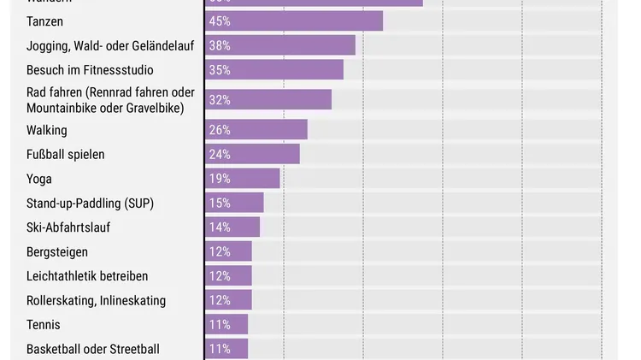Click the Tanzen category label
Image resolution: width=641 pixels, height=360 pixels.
pyautogui.click(x=44, y=21)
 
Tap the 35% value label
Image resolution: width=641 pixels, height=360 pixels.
pyautogui.click(x=220, y=70)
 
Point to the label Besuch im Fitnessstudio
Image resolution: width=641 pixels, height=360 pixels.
pyautogui.click(x=90, y=70)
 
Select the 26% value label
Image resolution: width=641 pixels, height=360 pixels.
pyautogui.click(x=220, y=131)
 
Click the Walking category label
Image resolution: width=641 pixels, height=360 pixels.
pyautogui.click(x=47, y=131)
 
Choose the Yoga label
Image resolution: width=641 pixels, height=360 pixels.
pyautogui.click(x=39, y=179)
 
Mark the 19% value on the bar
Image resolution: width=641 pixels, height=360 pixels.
pyautogui.click(x=220, y=179)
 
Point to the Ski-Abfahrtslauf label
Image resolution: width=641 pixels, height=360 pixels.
pyautogui.click(x=68, y=227)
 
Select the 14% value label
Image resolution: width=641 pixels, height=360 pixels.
pyautogui.click(x=220, y=227)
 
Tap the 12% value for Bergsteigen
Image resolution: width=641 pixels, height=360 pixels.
pyautogui.click(x=220, y=252)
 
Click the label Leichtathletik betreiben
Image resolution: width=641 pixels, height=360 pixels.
pyautogui.click(x=87, y=276)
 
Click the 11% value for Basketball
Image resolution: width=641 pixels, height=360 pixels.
pyautogui.click(x=220, y=349)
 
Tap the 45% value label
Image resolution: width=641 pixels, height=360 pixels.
pyautogui.click(x=220, y=21)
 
